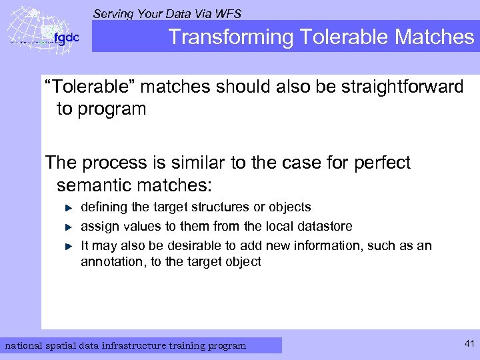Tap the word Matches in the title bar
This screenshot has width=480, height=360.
coord(434,37)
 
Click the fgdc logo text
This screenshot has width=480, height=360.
coord(66,38)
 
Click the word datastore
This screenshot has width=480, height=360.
coord(323,226)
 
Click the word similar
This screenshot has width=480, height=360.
coord(195,162)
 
